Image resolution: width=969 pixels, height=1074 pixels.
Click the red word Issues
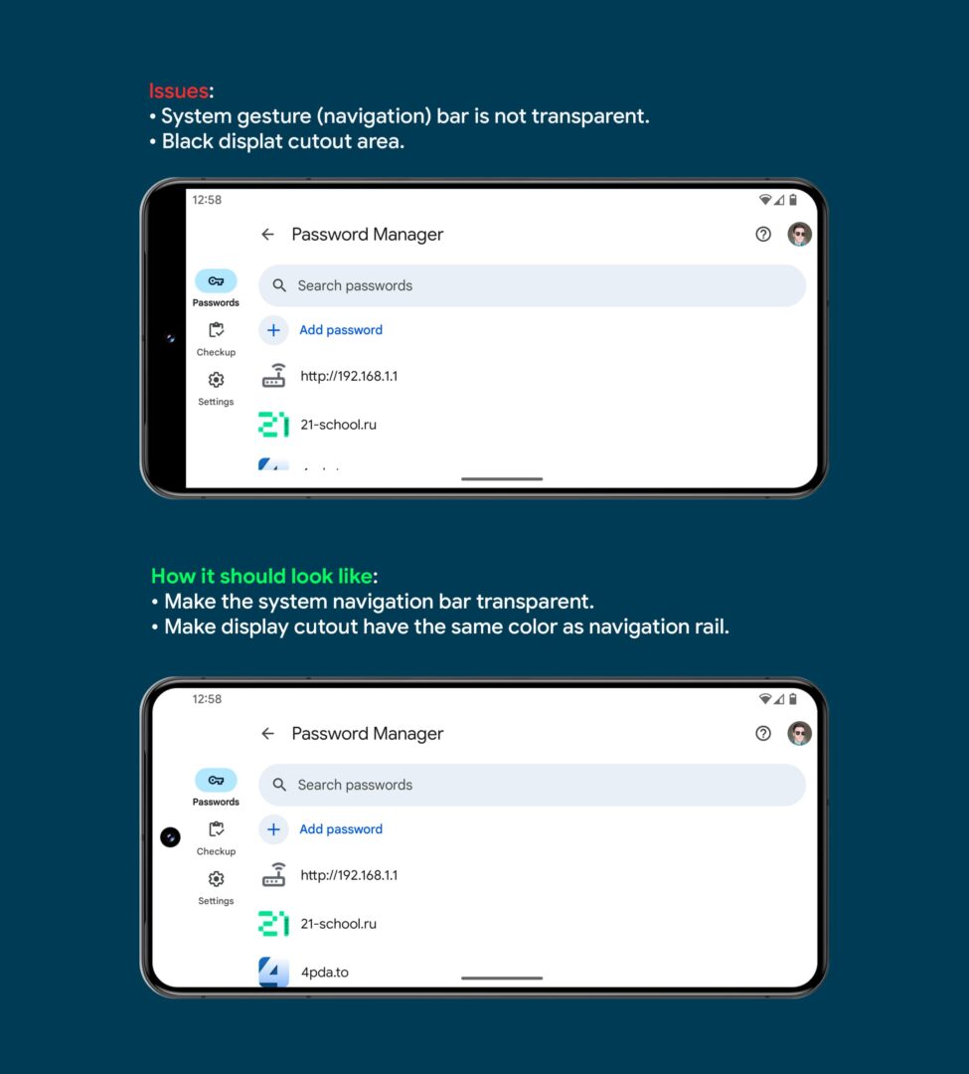179,91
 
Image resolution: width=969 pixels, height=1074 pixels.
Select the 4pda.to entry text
324,972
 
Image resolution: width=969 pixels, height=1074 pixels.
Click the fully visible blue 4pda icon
273,971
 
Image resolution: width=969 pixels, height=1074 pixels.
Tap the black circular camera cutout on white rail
170,837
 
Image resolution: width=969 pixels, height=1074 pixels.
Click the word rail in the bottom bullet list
709,627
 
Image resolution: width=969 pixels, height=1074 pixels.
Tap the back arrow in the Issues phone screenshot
267,235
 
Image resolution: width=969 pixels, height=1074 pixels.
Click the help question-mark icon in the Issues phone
763,235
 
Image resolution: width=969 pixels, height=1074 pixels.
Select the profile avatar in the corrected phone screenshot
800,734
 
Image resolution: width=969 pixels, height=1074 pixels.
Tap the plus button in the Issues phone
273,330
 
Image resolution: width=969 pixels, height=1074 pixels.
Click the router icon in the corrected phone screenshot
273,875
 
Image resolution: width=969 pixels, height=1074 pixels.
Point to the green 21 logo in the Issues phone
273,425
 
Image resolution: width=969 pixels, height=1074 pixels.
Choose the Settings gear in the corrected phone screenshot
216,879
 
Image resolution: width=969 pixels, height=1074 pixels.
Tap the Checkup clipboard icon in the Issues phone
216,330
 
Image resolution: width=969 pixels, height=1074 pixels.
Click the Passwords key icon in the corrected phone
216,781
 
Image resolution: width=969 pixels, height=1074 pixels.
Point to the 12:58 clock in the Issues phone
207,200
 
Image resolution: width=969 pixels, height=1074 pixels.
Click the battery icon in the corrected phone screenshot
792,699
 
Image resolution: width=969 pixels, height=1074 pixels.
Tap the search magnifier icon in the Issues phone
279,285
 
